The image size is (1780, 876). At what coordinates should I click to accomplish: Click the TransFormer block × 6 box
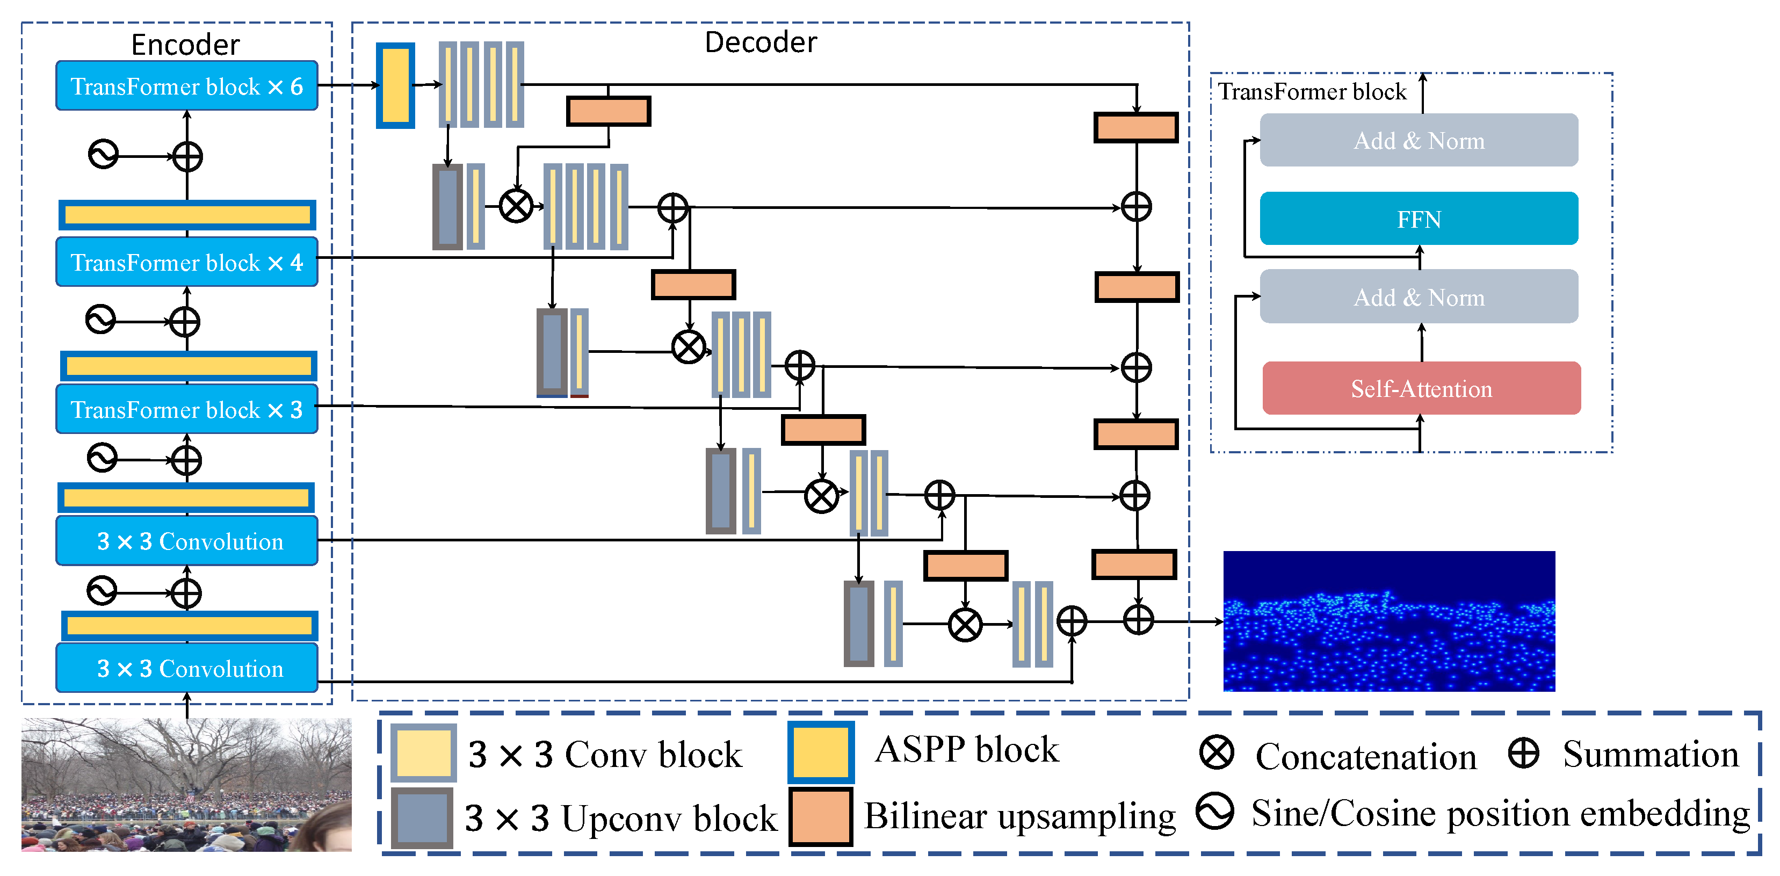pos(186,85)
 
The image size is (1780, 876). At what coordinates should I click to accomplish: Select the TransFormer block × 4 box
pos(186,262)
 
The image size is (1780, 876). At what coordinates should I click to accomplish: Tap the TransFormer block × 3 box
pos(186,409)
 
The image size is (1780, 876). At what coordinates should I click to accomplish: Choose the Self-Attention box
pos(1421,388)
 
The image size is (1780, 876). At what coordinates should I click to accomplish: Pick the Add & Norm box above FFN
pos(1419,140)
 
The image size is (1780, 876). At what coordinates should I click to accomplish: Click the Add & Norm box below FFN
pos(1419,296)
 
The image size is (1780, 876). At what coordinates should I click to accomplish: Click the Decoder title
pos(761,42)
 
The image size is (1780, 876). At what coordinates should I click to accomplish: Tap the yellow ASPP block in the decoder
pos(395,85)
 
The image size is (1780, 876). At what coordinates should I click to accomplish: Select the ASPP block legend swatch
pos(821,753)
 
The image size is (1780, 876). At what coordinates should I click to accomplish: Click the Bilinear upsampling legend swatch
pos(821,817)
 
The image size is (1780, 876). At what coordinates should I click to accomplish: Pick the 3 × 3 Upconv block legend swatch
pos(422,818)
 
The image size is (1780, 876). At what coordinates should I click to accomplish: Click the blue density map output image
pos(1389,621)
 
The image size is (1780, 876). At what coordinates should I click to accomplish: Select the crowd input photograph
pos(186,785)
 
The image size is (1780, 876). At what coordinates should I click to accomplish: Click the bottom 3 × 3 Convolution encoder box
pos(186,668)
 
